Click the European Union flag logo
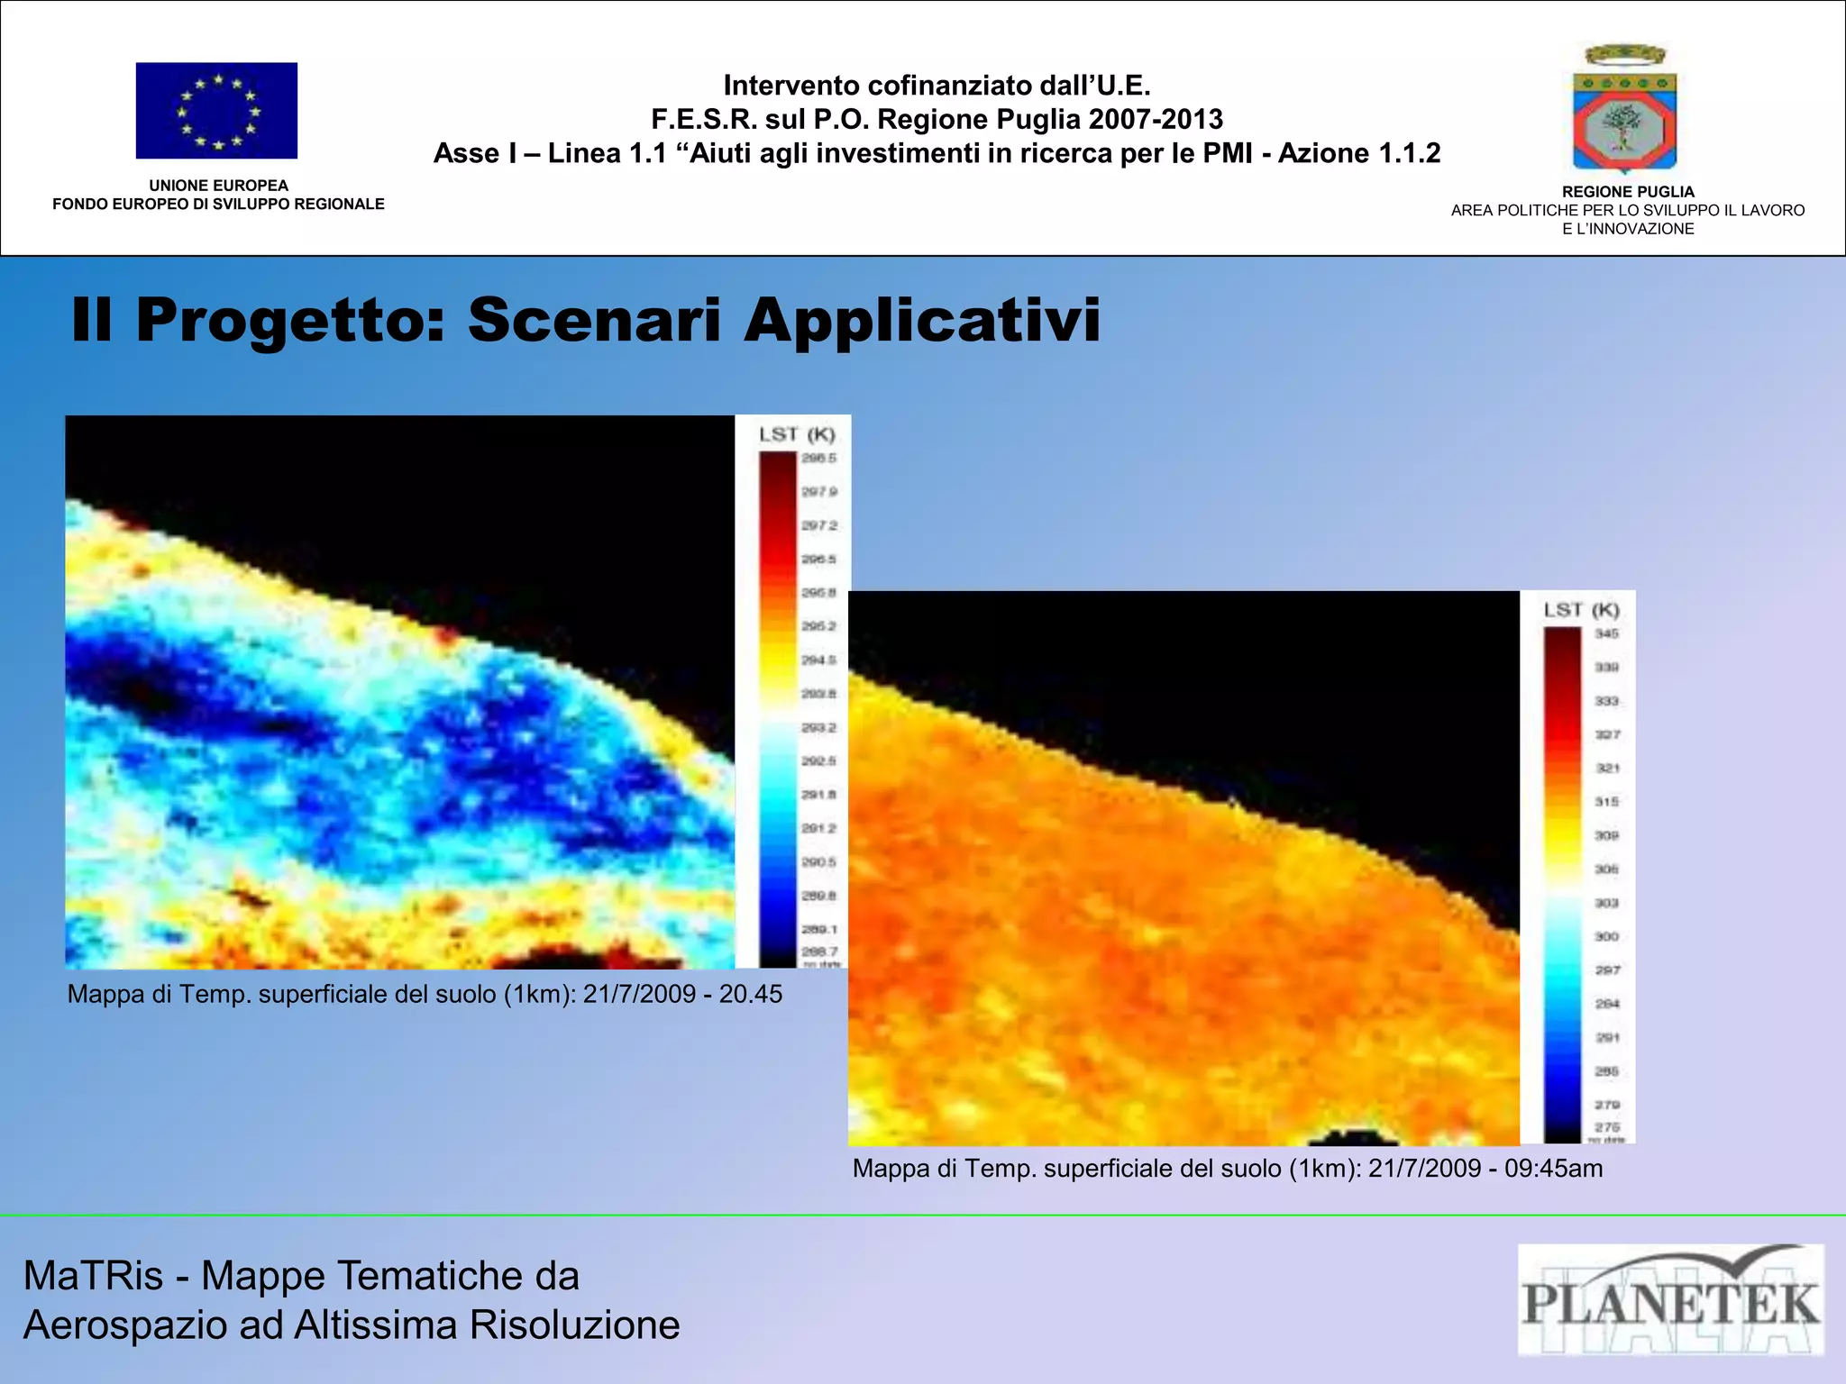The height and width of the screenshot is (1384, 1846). pyautogui.click(x=216, y=111)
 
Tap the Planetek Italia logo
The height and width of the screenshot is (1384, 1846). pyautogui.click(x=1670, y=1299)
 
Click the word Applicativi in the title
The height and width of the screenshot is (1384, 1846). pyautogui.click(x=921, y=320)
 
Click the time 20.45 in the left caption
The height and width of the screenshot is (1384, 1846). pyautogui.click(x=750, y=994)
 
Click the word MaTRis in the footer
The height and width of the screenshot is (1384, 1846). pyautogui.click(x=93, y=1276)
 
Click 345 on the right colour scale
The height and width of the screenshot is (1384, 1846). pyautogui.click(x=1606, y=633)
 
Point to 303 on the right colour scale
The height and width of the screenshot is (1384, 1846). pyautogui.click(x=1606, y=903)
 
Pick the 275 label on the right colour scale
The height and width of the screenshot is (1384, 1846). pyautogui.click(x=1606, y=1127)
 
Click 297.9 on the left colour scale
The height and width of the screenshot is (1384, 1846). pyautogui.click(x=818, y=491)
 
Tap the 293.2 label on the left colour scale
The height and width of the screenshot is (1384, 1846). pyautogui.click(x=818, y=727)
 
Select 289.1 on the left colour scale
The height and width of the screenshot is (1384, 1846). pyautogui.click(x=818, y=929)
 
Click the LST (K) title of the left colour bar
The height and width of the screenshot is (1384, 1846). pyautogui.click(x=797, y=434)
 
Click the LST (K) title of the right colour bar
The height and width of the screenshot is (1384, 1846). pyautogui.click(x=1581, y=610)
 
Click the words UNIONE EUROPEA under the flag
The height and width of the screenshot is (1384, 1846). pyautogui.click(x=218, y=186)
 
